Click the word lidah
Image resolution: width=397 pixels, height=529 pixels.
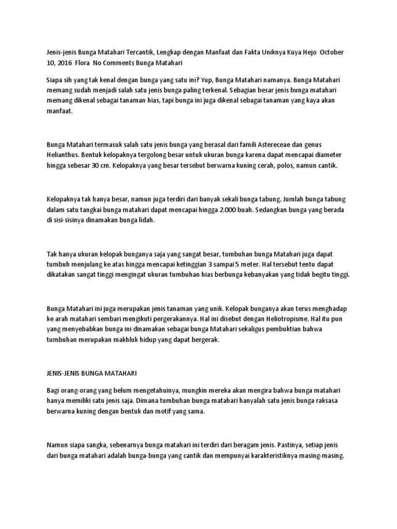(x=145, y=220)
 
